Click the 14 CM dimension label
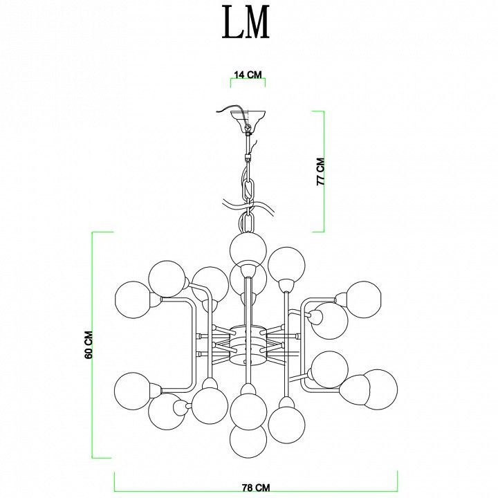click(248, 75)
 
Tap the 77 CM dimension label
click(321, 172)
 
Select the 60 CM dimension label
click(89, 344)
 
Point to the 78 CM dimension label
click(256, 488)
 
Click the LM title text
click(246, 22)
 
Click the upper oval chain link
click(248, 190)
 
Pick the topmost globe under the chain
click(248, 250)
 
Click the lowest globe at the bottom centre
click(248, 441)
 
